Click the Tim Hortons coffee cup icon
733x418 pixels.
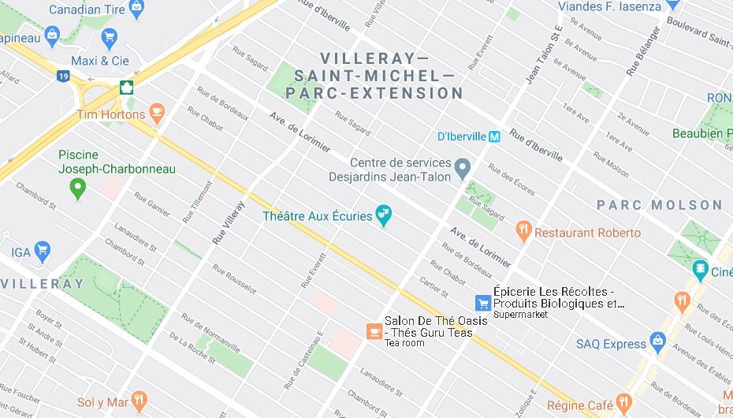[x=157, y=114]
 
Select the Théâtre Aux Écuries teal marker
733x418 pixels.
[x=383, y=215]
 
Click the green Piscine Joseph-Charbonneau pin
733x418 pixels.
[x=77, y=188]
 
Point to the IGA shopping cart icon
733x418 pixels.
[x=43, y=252]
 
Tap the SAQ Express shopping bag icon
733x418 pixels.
[x=658, y=343]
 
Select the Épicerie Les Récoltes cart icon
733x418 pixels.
[x=482, y=302]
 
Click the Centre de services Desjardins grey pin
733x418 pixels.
[x=463, y=167]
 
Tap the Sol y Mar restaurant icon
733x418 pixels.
[x=140, y=401]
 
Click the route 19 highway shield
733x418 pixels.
[x=62, y=76]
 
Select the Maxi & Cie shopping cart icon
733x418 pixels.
[x=109, y=37]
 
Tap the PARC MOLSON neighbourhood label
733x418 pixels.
[x=659, y=205]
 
